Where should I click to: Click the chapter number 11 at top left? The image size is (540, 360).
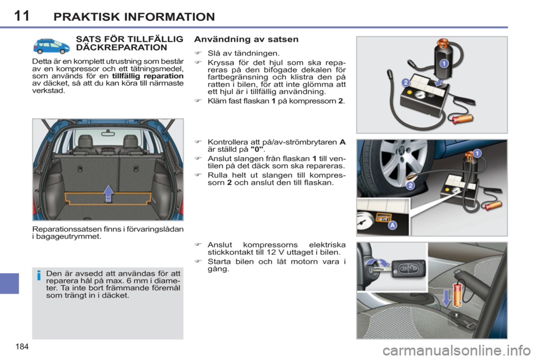21,15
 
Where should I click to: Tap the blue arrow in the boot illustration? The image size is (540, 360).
109,193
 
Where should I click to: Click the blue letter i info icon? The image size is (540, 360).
38,276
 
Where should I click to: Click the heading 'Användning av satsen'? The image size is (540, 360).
246,39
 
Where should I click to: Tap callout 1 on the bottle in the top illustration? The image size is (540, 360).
443,64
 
